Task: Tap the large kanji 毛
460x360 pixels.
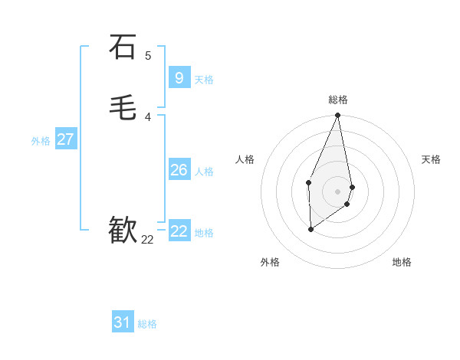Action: click(123, 107)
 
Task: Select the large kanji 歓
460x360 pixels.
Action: click(123, 230)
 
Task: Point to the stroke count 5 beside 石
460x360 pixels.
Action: click(148, 55)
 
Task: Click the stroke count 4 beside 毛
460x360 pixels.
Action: click(148, 116)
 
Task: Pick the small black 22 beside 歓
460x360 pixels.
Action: click(147, 240)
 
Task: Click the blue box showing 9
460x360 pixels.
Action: click(179, 77)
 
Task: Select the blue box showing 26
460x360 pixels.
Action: click(179, 169)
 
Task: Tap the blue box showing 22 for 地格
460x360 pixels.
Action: click(179, 231)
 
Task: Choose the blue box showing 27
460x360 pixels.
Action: click(65, 139)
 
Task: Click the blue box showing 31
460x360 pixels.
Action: click(123, 322)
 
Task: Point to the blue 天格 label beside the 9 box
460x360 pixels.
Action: click(204, 80)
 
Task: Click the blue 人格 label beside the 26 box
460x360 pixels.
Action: click(204, 172)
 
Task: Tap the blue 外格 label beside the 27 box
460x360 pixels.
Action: click(41, 142)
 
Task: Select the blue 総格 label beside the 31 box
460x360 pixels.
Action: click(147, 325)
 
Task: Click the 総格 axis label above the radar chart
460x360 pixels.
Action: click(338, 100)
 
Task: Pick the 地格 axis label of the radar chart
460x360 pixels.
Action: click(402, 262)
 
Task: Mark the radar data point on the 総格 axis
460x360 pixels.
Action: click(338, 116)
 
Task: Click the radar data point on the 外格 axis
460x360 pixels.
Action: click(310, 229)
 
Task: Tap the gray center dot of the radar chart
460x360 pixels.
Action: click(338, 191)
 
